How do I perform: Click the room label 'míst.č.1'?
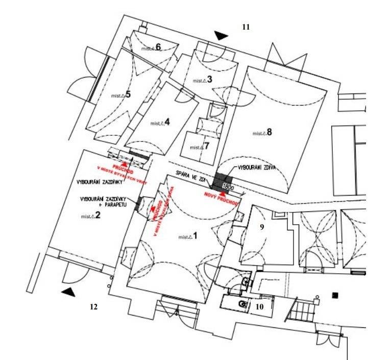coord(186,236)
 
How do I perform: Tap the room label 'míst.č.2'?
coord(90,216)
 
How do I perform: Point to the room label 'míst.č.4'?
coord(160,123)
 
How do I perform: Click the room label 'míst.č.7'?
coord(200,147)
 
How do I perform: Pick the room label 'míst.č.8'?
coord(262,133)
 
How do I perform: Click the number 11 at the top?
coord(246,27)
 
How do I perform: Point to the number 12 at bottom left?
coord(93,307)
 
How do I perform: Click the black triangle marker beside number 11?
coord(221,35)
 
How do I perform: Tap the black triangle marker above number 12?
coord(68,292)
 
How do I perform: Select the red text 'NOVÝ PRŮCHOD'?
coord(221,197)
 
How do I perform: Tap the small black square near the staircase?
coord(335,295)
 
